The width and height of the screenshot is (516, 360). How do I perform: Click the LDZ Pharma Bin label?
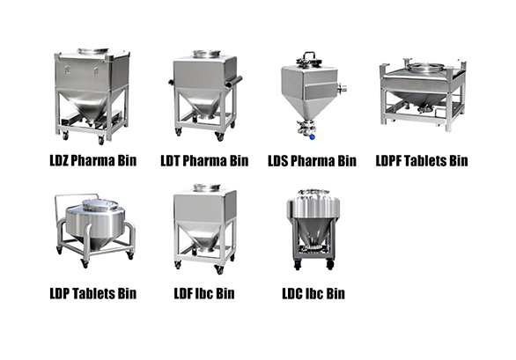pyautogui.click(x=93, y=160)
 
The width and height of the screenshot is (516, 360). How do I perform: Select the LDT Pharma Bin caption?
pyautogui.click(x=204, y=161)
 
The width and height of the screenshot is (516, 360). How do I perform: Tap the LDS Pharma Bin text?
pyautogui.click(x=312, y=161)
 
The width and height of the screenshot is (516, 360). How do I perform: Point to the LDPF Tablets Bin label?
pyautogui.click(x=422, y=161)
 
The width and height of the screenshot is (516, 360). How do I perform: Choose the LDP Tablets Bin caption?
pyautogui.click(x=93, y=293)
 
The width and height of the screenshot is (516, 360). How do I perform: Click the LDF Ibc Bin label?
pyautogui.click(x=204, y=293)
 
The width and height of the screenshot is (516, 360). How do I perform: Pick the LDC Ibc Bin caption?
pyautogui.click(x=313, y=293)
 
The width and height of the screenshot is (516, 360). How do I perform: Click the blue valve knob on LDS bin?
pyautogui.click(x=313, y=136)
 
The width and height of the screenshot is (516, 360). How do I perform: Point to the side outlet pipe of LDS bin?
pyautogui.click(x=342, y=88)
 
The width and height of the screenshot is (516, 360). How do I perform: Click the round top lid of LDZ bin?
pyautogui.click(x=93, y=51)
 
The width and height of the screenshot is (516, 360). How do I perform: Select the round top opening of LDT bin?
pyautogui.click(x=207, y=54)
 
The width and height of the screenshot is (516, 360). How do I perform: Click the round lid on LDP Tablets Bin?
pyautogui.click(x=100, y=205)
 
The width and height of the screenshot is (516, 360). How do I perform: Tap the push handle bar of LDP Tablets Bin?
pyautogui.click(x=76, y=196)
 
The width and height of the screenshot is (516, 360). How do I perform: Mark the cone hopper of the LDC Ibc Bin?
pyautogui.click(x=314, y=232)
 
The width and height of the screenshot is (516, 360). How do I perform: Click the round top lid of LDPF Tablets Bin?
pyautogui.click(x=424, y=68)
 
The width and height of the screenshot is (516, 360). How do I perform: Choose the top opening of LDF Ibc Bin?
pyautogui.click(x=207, y=187)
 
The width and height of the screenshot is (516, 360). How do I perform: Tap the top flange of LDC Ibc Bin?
pyautogui.click(x=313, y=192)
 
